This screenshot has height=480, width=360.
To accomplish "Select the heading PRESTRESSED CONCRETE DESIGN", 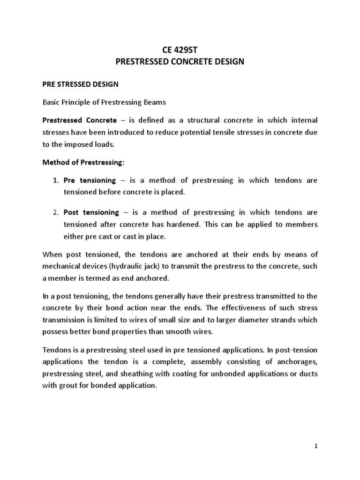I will [x=180, y=62].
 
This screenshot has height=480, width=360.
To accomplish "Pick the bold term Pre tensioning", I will [x=90, y=180].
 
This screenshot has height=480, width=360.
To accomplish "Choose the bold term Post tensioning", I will [x=91, y=212].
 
